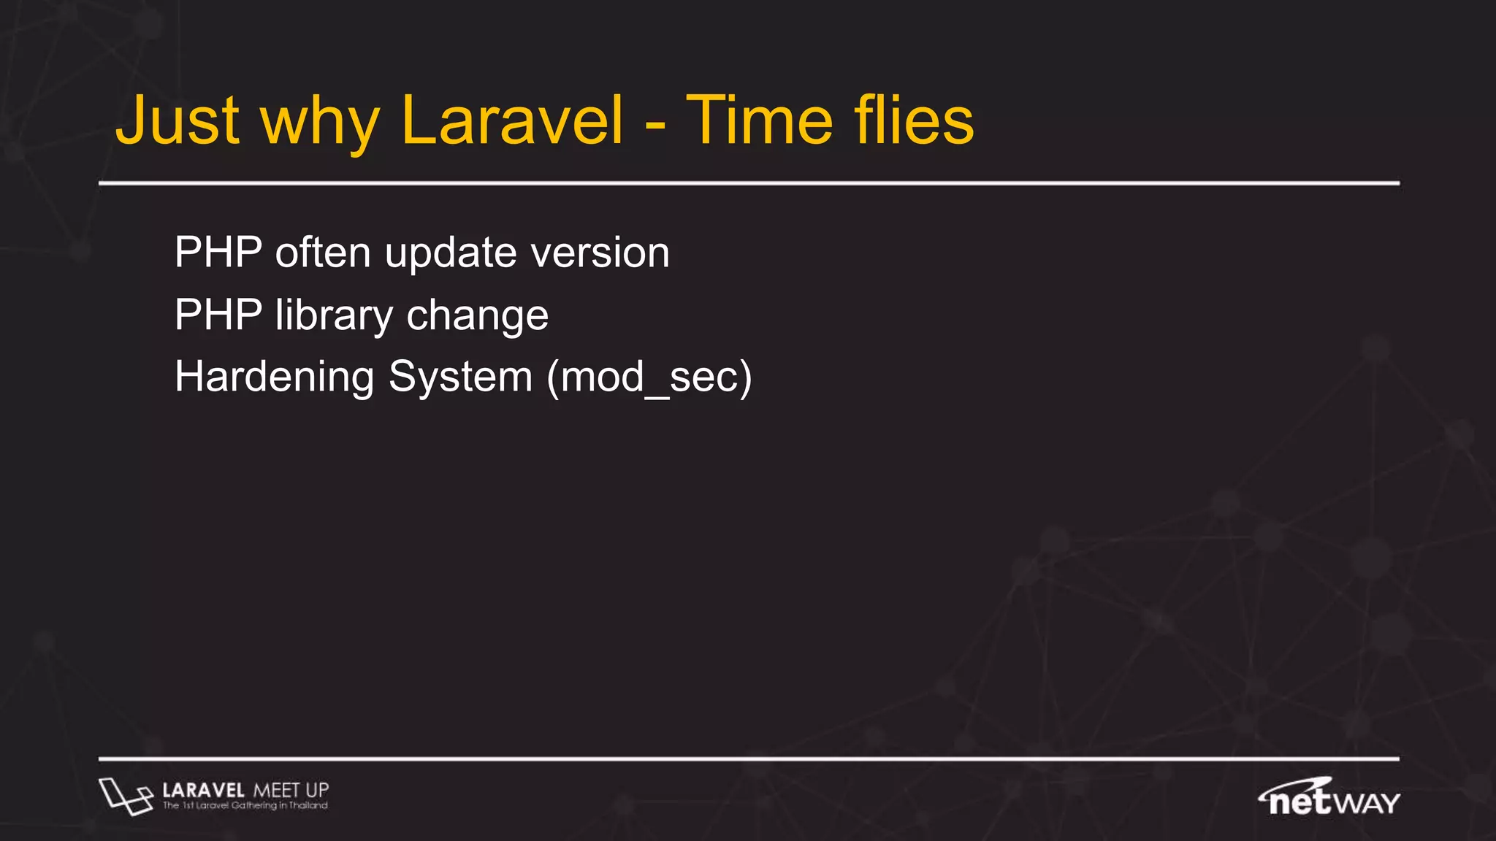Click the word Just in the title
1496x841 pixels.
click(178, 121)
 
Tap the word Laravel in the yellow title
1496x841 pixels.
click(512, 121)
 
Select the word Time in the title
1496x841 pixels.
click(759, 121)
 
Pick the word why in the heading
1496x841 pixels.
click(320, 124)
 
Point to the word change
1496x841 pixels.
click(477, 315)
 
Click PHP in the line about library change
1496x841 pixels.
click(218, 315)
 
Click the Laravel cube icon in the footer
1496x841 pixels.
click(125, 796)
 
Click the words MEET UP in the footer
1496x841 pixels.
click(291, 791)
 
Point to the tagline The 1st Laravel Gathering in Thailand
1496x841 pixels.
click(245, 806)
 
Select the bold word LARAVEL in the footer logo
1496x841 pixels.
click(203, 791)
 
